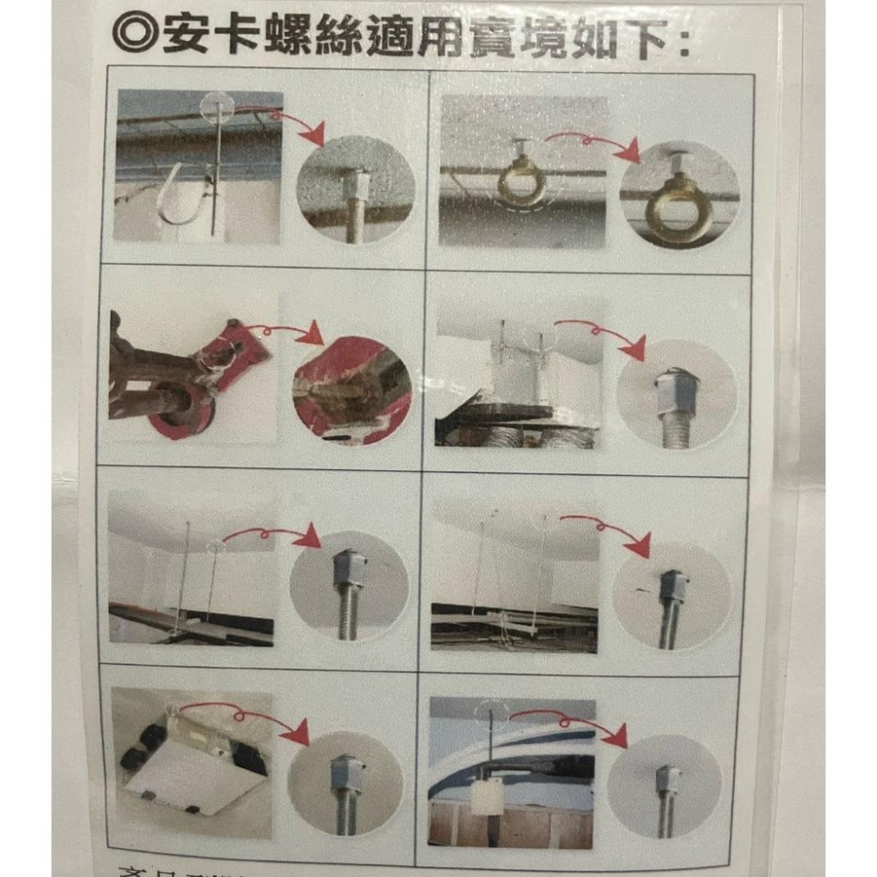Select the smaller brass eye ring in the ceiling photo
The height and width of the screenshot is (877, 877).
(x=523, y=182)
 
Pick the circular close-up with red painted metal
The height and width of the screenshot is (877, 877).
(x=352, y=389)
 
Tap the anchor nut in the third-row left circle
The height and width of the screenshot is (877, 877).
(x=348, y=567)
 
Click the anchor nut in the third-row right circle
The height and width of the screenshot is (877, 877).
(x=672, y=582)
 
